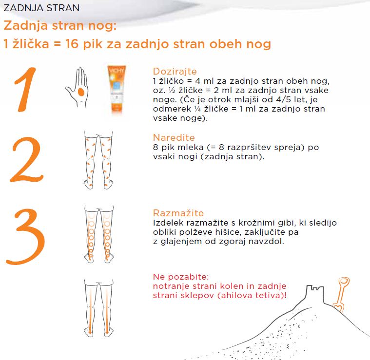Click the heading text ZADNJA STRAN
pyautogui.click(x=41, y=8)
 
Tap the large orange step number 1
pyautogui.click(x=25, y=90)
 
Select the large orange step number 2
pyautogui.click(x=27, y=160)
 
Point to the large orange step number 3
pyautogui.click(x=25, y=237)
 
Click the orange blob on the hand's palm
pyautogui.click(x=81, y=92)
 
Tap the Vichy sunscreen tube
pyautogui.click(x=117, y=89)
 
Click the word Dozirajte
pyautogui.click(x=175, y=72)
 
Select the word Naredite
pyautogui.click(x=174, y=137)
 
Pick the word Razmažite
pyautogui.click(x=178, y=213)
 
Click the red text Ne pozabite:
pyautogui.click(x=181, y=277)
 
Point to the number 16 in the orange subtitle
pyautogui.click(x=72, y=44)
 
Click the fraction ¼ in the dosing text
pyautogui.click(x=198, y=109)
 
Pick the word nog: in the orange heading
pyautogui.click(x=102, y=26)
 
